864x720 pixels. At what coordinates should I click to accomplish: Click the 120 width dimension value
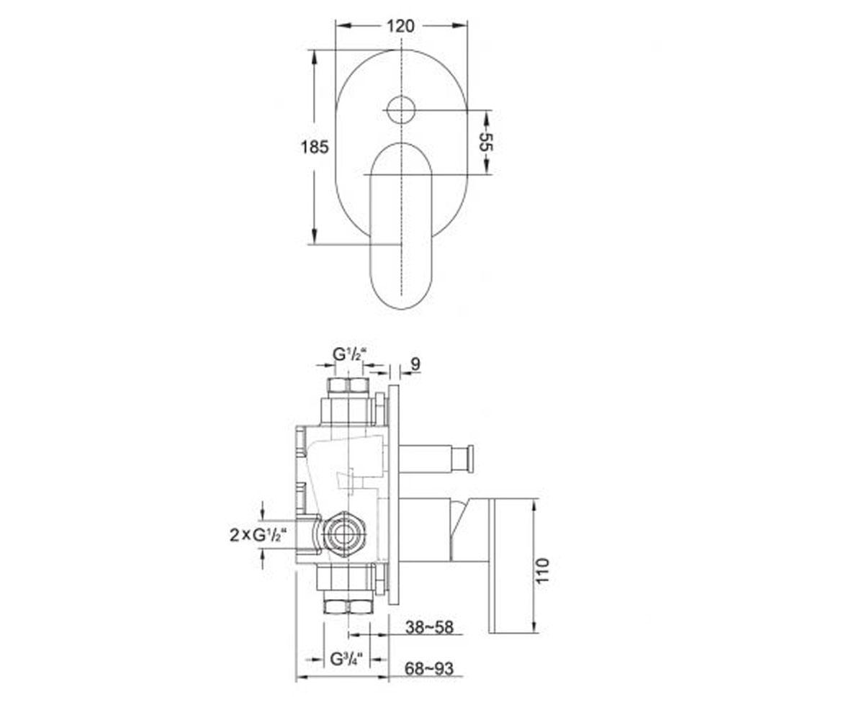(400, 26)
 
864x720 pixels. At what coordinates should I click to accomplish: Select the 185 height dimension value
(315, 147)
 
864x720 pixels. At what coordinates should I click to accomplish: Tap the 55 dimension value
(486, 142)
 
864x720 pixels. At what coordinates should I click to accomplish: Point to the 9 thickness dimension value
(415, 364)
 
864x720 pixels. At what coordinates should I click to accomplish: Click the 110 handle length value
(542, 571)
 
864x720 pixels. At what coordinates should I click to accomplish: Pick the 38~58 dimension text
(429, 628)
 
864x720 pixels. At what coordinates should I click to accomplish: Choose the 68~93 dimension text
(428, 669)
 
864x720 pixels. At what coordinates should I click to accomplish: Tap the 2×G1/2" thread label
(258, 535)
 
